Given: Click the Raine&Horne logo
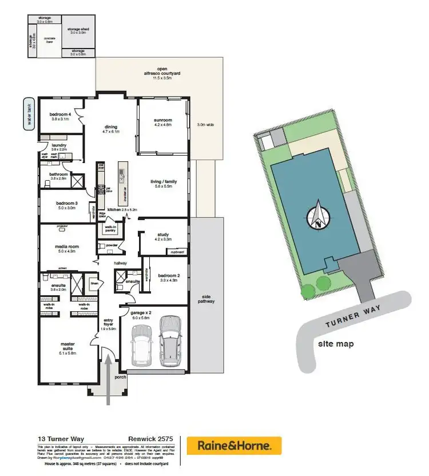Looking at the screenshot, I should [x=239, y=445].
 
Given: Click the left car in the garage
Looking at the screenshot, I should [x=141, y=346].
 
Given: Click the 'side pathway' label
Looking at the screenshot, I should [x=206, y=299].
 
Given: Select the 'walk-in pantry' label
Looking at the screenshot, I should [x=109, y=229].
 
